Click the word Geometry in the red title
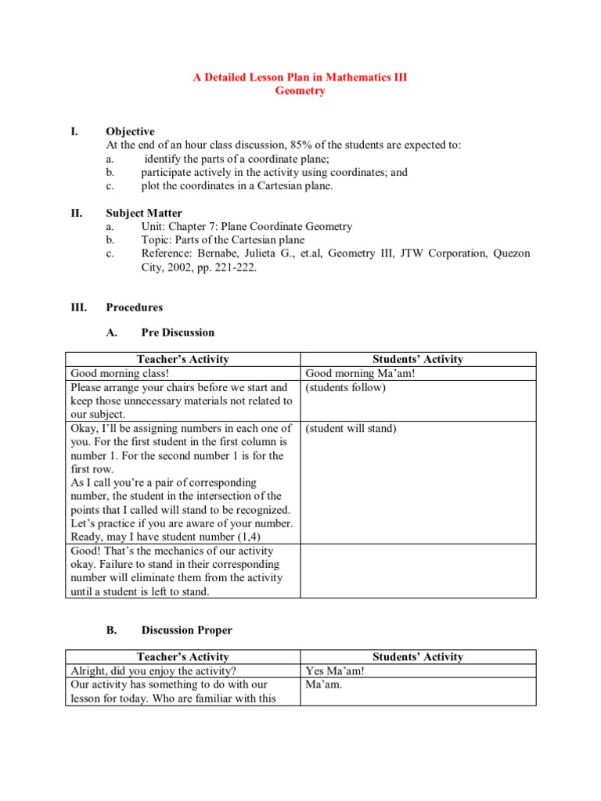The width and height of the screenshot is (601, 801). (300, 91)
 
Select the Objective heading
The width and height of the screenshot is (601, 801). (130, 131)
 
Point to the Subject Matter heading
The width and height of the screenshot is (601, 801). (144, 213)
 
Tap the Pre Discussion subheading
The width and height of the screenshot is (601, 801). (178, 332)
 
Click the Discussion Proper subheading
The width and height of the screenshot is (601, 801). (186, 630)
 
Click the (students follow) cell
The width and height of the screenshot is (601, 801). (346, 387)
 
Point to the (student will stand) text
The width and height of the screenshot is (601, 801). (351, 429)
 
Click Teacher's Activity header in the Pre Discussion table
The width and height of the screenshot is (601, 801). (182, 359)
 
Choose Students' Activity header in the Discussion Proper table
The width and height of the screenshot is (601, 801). (418, 657)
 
